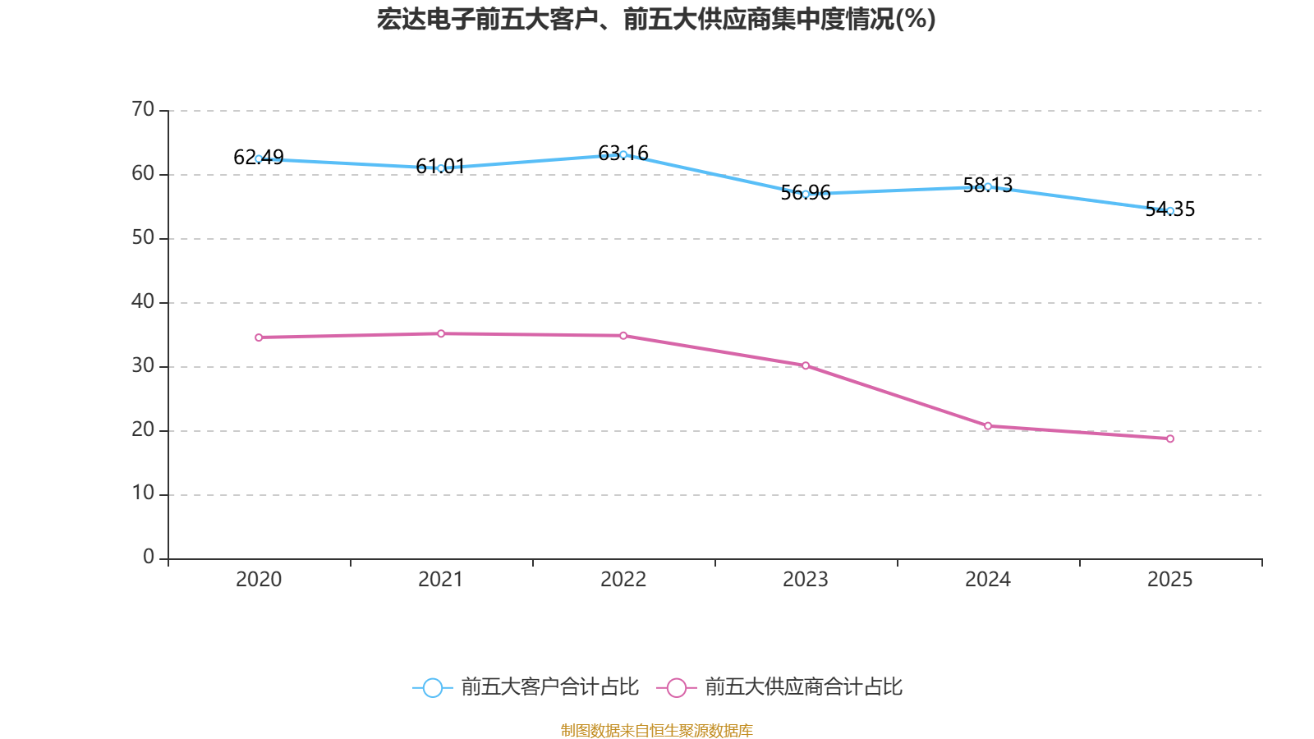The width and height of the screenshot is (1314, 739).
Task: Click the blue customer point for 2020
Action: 259,158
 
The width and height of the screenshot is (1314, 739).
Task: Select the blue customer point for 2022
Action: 623,154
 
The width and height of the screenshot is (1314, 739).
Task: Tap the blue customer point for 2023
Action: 806,194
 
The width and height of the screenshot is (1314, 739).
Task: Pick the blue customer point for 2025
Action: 1170,211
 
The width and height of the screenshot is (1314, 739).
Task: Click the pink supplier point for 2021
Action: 441,333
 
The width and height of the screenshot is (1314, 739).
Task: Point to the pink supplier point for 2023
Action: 806,365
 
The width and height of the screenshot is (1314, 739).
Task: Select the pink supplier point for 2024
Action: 988,426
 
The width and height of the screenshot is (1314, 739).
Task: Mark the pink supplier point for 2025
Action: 1170,438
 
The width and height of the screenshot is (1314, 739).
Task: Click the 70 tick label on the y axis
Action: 143,109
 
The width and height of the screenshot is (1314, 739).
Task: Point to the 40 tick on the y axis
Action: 143,301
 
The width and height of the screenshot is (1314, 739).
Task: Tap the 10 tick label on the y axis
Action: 143,493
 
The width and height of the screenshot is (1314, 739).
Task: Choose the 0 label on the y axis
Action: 149,558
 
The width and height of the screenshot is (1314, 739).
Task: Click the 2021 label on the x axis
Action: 441,580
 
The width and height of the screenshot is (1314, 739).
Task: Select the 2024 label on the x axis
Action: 988,580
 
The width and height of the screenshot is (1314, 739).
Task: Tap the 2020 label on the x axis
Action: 259,580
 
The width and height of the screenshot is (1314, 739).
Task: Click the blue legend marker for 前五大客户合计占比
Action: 432,687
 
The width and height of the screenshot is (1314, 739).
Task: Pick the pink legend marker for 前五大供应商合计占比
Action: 676,687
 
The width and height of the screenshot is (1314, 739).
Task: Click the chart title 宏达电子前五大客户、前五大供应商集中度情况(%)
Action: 656,19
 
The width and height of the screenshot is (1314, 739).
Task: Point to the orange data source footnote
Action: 656,730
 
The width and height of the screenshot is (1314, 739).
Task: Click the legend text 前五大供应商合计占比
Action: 803,687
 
